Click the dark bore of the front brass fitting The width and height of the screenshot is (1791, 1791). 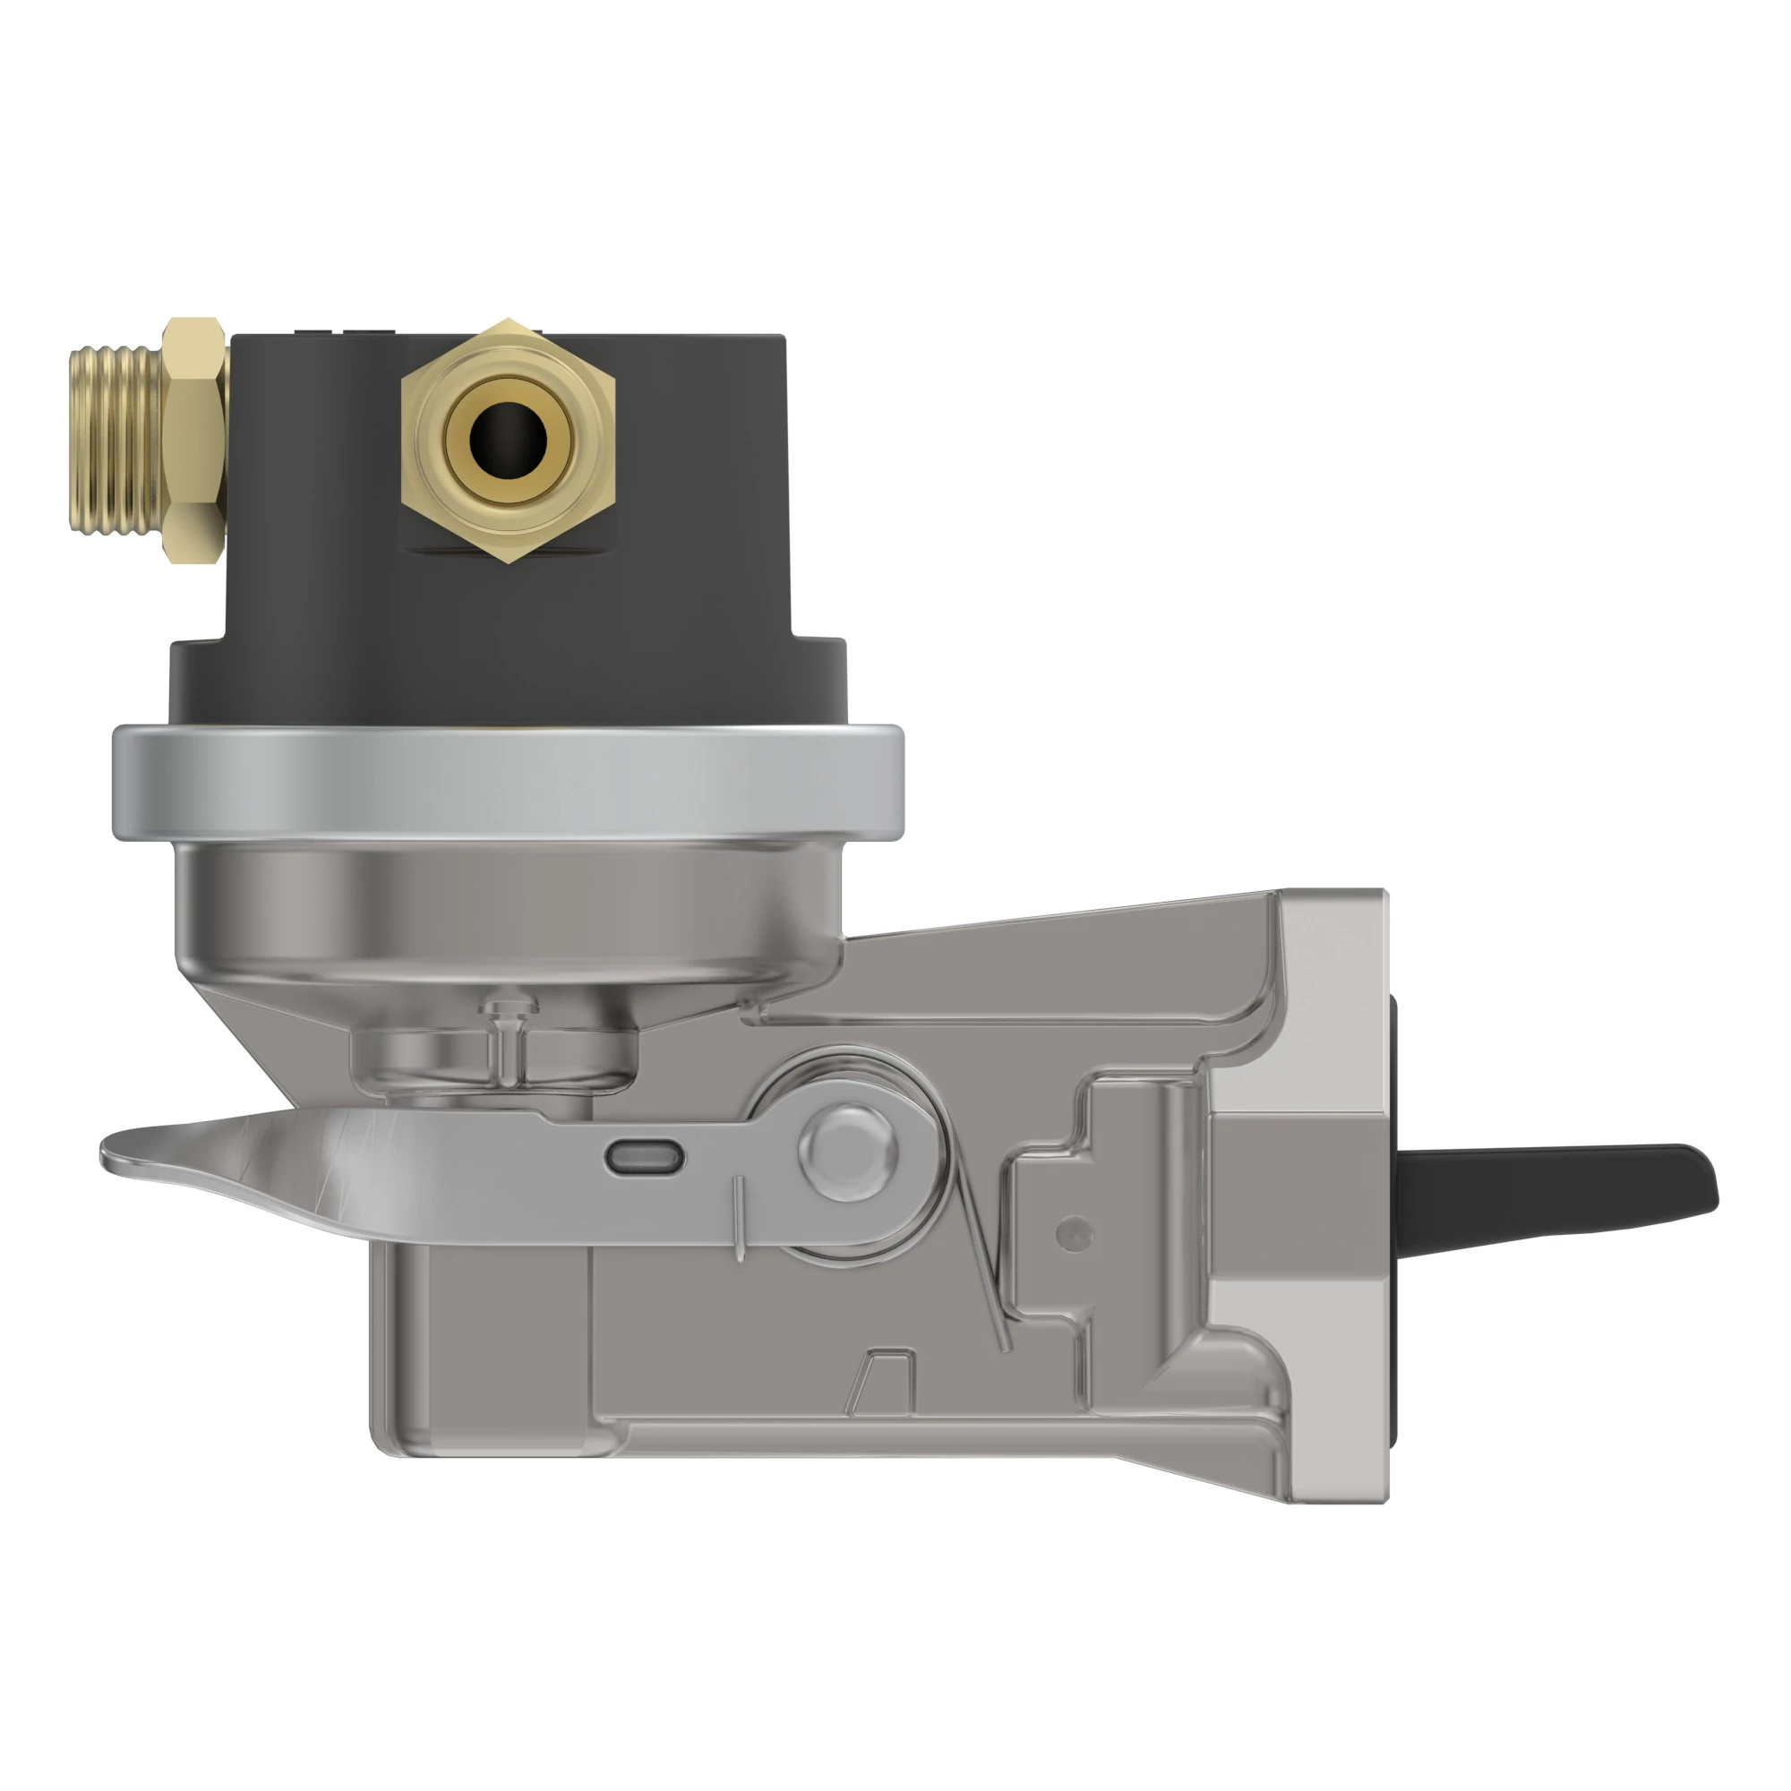coord(508,439)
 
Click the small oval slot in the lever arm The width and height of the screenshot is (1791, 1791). coord(645,1157)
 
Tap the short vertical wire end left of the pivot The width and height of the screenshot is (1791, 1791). coord(738,1219)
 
